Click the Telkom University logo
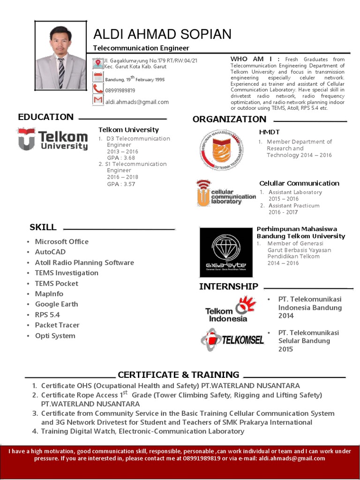[x=52, y=139]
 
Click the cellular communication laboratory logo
[x=226, y=193]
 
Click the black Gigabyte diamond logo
[x=226, y=252]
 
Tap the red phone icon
[x=98, y=89]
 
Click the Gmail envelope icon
[x=98, y=100]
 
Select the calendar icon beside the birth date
[x=98, y=77]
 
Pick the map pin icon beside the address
[x=98, y=63]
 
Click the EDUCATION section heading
[x=46, y=117]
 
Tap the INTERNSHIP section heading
[x=229, y=286]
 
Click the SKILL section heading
[x=43, y=227]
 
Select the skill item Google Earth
[x=57, y=304]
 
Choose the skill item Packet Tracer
[x=57, y=325]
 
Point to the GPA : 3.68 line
[x=121, y=158]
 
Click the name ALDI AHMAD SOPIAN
[x=162, y=34]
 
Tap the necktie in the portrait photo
[x=61, y=73]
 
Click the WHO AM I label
[x=255, y=59]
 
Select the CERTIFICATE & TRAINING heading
[x=179, y=375]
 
